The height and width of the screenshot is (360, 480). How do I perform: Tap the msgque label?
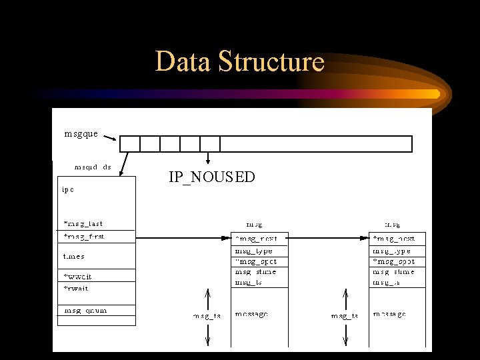coord(81,134)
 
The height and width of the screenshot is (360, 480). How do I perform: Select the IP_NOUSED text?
coord(211,177)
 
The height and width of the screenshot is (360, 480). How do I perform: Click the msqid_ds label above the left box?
coord(93,167)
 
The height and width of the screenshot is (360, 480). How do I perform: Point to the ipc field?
coord(68,189)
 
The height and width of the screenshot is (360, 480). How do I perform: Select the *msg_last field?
coord(83,224)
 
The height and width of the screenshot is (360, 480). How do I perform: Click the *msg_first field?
coord(84,237)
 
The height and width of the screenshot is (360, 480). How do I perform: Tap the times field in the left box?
coord(74,257)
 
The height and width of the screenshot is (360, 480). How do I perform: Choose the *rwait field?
coord(76,289)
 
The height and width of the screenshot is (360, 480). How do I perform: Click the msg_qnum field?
coord(85,311)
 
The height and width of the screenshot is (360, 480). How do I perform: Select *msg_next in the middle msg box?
coord(257,238)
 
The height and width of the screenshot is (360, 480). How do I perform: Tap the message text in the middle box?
coord(251,314)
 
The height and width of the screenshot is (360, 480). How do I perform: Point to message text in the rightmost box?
coord(389,314)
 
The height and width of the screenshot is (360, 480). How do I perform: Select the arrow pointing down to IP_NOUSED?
coord(209,158)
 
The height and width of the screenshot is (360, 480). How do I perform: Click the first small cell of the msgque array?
coord(129,144)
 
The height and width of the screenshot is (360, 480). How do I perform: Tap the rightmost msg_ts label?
coord(345,316)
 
